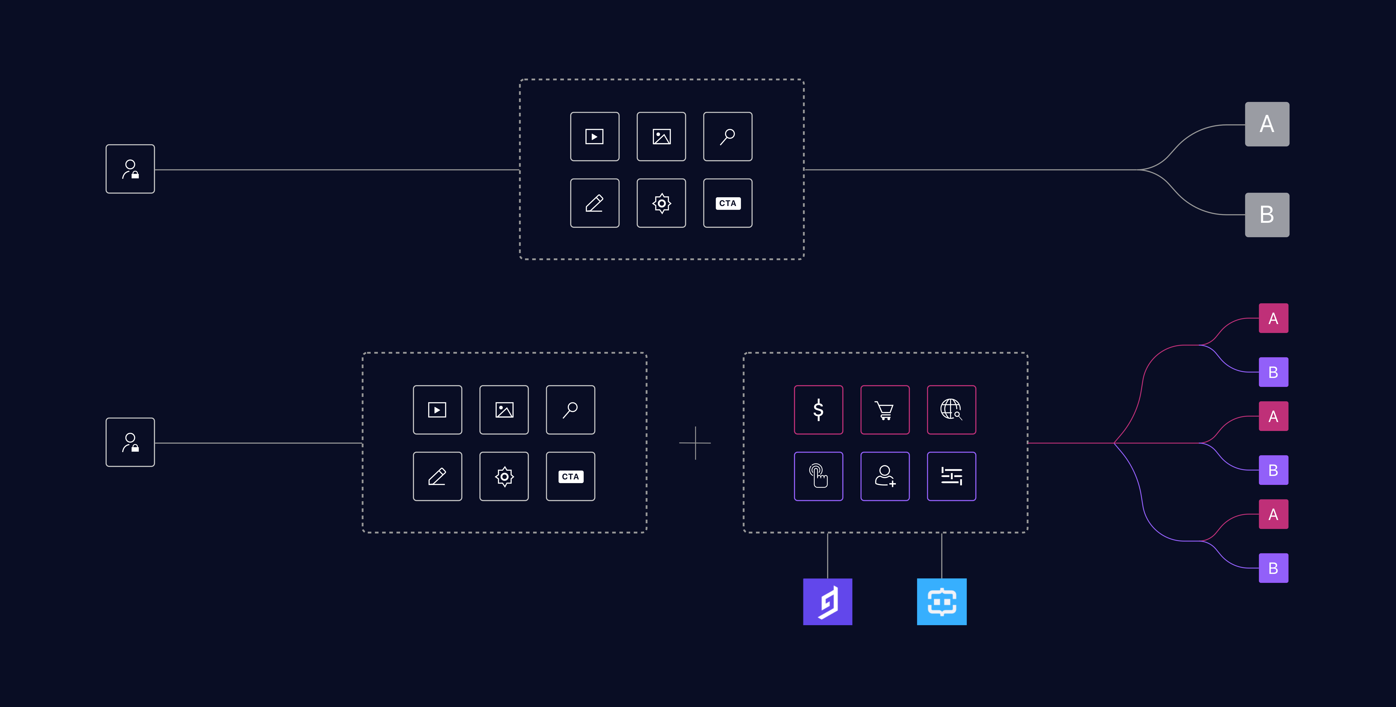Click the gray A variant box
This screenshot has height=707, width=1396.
point(1266,124)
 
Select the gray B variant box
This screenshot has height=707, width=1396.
point(1266,215)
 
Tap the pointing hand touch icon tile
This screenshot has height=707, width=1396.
point(818,476)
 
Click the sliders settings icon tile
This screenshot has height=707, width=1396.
point(951,476)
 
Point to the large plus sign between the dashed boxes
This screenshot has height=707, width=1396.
point(695,443)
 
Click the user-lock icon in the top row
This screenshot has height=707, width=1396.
point(130,169)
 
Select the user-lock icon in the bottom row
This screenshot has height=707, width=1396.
point(130,442)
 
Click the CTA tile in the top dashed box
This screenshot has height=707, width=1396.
point(727,203)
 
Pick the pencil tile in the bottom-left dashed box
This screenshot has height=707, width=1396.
point(437,476)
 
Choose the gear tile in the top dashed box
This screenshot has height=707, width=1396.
point(661,203)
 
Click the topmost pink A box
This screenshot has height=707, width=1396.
point(1273,318)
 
